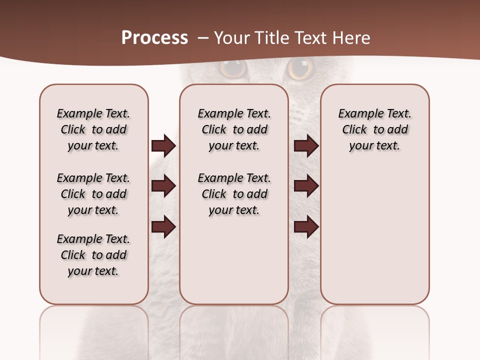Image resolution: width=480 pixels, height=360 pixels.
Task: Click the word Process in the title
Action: (x=154, y=38)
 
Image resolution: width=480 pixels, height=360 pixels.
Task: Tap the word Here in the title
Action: (x=352, y=38)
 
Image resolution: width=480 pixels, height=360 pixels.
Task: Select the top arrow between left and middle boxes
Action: (x=163, y=146)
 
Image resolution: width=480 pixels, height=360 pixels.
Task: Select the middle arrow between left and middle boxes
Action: (x=163, y=186)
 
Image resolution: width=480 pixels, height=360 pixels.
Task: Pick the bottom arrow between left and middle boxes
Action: (x=163, y=226)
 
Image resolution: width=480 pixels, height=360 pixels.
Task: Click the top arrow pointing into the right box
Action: (x=306, y=146)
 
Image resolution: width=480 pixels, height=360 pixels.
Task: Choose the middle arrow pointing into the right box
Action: (x=306, y=186)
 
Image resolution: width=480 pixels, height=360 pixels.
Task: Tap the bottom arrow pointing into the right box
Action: (x=306, y=226)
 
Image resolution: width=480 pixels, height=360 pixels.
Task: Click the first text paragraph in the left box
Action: (x=93, y=129)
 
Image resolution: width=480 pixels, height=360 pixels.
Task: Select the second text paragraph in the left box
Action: (x=93, y=194)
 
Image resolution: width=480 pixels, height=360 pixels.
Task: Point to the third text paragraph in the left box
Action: (x=93, y=255)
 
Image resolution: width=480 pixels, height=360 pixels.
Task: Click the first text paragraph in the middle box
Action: (x=234, y=129)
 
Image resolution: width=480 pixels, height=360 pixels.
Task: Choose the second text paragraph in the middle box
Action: (x=234, y=194)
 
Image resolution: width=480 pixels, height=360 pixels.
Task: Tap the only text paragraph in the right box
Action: (x=374, y=129)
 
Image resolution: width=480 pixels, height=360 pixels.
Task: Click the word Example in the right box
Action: (x=357, y=114)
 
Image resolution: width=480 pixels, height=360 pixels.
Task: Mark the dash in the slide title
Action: (x=202, y=38)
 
